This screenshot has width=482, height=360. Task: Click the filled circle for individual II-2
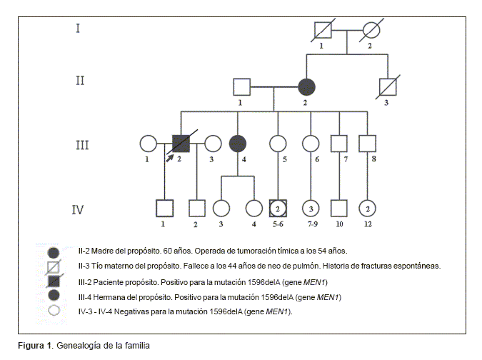pyautogui.click(x=307, y=87)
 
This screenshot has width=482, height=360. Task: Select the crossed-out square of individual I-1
pyautogui.click(x=323, y=31)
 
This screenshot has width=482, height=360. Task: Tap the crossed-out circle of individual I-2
pyautogui.click(x=371, y=31)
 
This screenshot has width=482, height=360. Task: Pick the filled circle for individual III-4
pyautogui.click(x=238, y=143)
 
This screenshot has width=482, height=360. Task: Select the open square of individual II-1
pyautogui.click(x=241, y=87)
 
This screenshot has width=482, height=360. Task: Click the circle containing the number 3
pyautogui.click(x=311, y=208)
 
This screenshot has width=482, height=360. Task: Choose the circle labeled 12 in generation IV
pyautogui.click(x=367, y=208)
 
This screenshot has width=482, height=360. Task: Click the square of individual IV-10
pyautogui.click(x=339, y=208)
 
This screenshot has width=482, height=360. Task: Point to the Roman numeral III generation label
pyautogui.click(x=81, y=145)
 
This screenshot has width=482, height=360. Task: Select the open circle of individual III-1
pyautogui.click(x=149, y=143)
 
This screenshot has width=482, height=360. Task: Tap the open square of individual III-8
pyautogui.click(x=367, y=143)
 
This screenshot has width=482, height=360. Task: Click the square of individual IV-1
pyautogui.click(x=165, y=208)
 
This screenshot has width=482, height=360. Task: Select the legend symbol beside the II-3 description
pyautogui.click(x=53, y=266)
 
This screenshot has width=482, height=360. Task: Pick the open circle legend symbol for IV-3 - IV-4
pyautogui.click(x=53, y=311)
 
